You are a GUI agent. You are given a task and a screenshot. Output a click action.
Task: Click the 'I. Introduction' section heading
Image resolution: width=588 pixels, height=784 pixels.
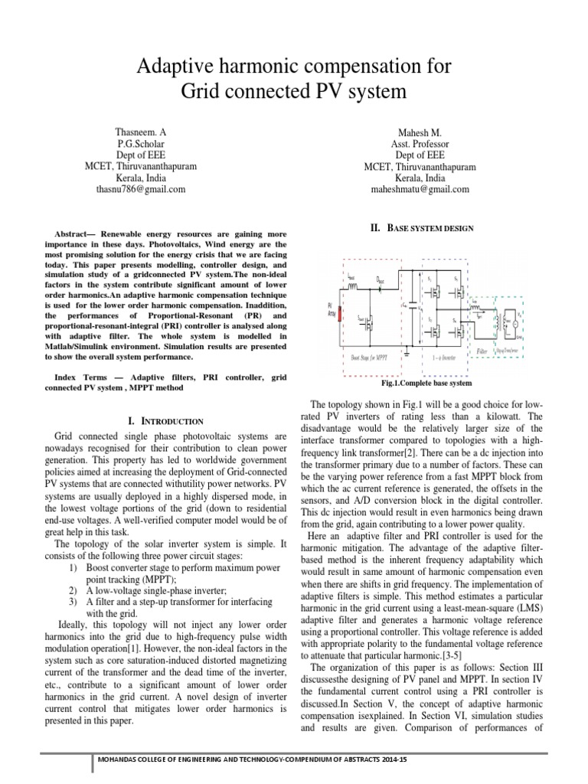tap(165, 421)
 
